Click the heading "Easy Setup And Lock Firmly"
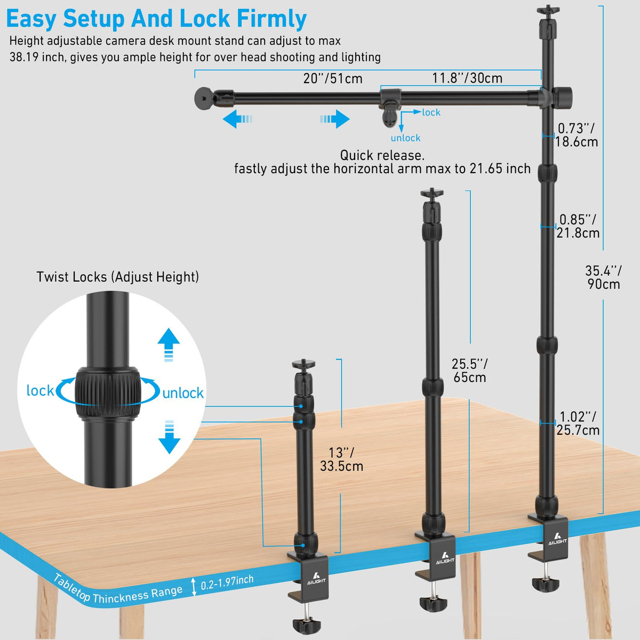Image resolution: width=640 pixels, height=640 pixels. [156, 19]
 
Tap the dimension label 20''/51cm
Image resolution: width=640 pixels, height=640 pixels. [333, 78]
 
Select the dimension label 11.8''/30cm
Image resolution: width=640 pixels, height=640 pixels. [467, 78]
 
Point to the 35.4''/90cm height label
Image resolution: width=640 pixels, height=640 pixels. [603, 277]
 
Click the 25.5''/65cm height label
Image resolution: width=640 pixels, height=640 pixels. [469, 371]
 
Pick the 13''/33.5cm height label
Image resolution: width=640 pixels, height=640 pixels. [341, 459]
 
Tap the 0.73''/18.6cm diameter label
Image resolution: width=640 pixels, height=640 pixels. [577, 135]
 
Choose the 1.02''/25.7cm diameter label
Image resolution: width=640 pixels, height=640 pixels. [578, 423]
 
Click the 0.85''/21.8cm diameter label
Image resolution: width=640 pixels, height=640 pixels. [578, 226]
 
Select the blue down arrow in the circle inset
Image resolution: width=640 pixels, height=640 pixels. [169, 437]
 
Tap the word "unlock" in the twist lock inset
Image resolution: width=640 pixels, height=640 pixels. [183, 393]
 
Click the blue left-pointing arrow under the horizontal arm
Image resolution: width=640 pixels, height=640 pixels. [237, 119]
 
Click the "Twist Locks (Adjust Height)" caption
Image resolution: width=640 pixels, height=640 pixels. [117, 277]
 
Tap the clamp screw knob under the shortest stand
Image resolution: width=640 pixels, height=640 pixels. [307, 625]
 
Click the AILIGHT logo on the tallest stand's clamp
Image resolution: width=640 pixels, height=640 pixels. [557, 536]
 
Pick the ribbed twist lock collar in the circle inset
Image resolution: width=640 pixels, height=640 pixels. [107, 394]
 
